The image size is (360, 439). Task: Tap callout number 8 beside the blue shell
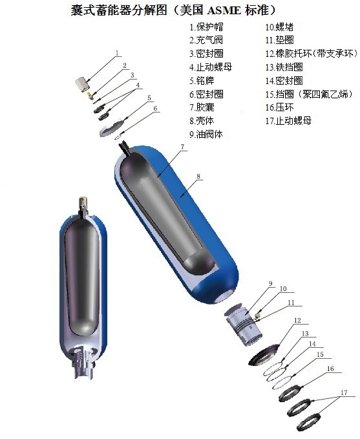click(199, 175)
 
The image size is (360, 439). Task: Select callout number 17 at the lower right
click(344, 392)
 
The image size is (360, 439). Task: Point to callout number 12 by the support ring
click(298, 320)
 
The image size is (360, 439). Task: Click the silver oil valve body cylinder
click(242, 322)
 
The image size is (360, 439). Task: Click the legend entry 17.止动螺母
click(288, 121)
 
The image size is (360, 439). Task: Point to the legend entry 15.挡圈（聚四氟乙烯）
click(307, 94)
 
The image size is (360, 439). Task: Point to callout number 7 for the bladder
click(183, 147)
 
